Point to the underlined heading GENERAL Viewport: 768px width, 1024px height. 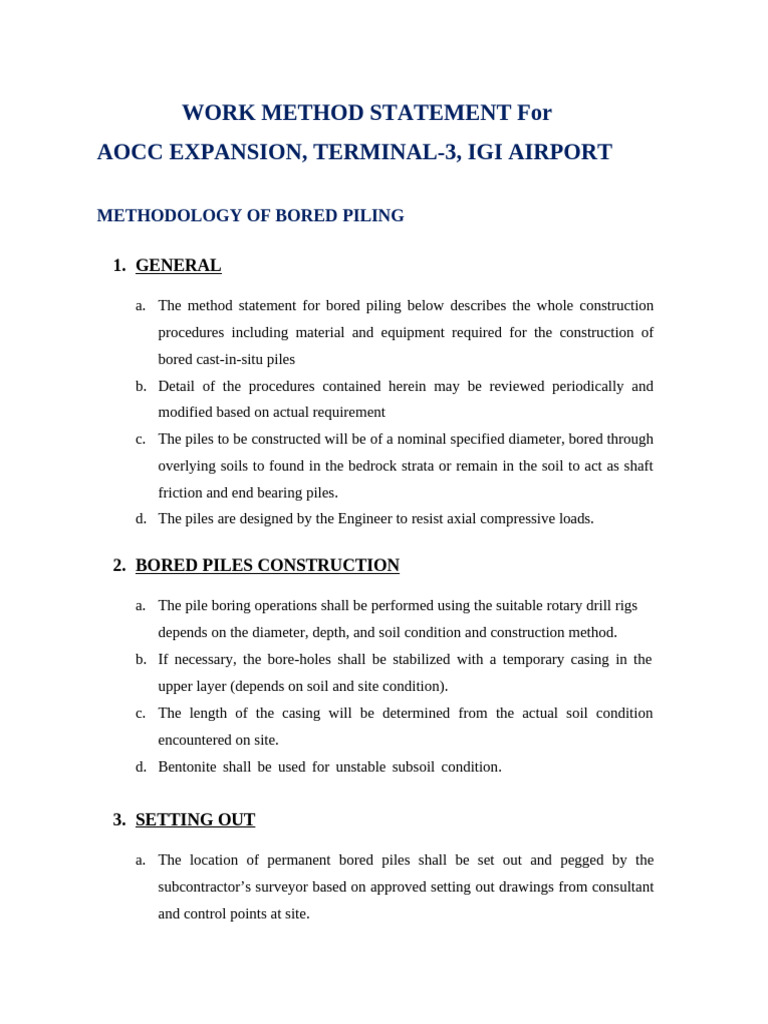pos(178,266)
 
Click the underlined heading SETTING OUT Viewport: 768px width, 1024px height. pos(195,820)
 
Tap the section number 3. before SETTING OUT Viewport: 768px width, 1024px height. pos(119,820)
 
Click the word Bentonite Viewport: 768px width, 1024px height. pos(188,767)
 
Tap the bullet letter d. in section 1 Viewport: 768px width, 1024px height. pos(141,519)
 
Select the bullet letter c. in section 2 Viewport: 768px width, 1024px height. pos(141,713)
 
